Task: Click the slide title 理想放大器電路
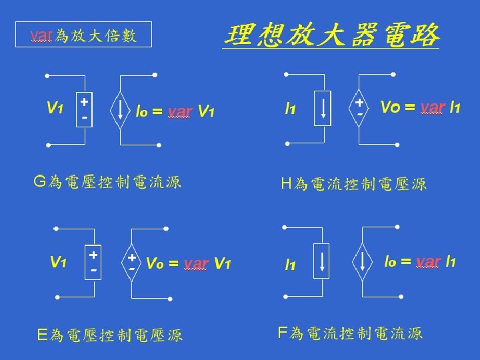pos(331,34)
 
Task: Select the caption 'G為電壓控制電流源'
pos(107,182)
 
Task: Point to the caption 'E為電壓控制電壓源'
pos(110,335)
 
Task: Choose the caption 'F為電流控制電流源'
pos(349,333)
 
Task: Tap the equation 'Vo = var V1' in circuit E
pos(187,263)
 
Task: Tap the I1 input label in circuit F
pos(291,265)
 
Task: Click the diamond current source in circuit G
pos(121,108)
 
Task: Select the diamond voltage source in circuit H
pos(359,107)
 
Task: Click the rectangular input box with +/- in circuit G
pos(85,108)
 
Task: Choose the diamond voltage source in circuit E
pos(132,262)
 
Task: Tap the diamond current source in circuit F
pos(363,261)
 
